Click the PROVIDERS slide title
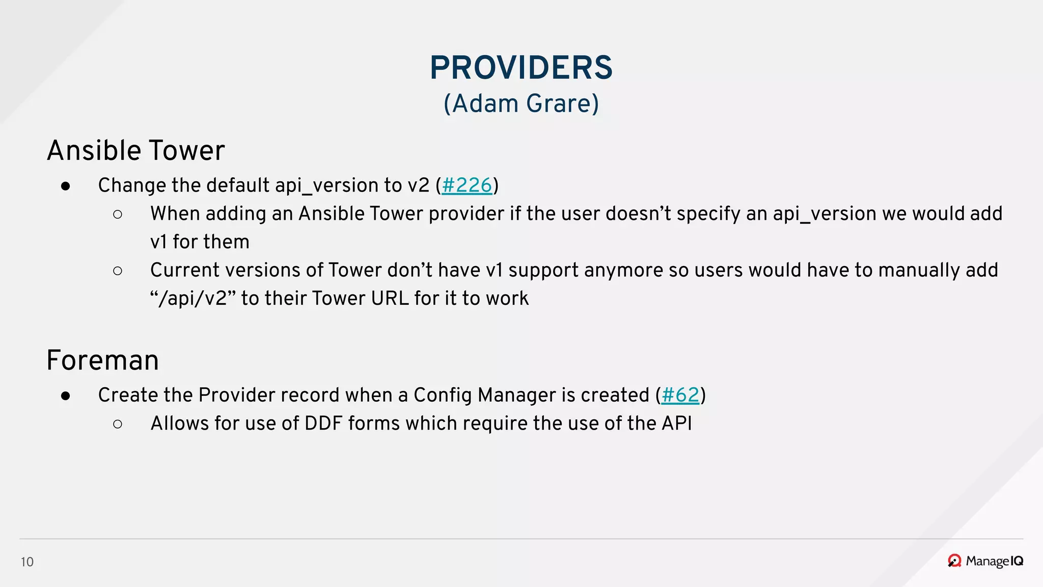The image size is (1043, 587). [521, 68]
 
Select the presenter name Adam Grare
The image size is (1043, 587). [521, 103]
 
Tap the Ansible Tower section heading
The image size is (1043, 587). [135, 150]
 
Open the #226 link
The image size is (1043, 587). [467, 185]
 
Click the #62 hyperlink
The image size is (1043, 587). [680, 395]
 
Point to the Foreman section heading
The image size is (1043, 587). [102, 360]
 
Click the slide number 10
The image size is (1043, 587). [27, 562]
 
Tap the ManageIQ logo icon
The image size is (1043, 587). [954, 561]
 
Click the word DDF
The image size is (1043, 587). [323, 423]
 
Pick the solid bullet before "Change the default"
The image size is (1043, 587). [65, 186]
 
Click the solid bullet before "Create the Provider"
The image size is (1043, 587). [65, 396]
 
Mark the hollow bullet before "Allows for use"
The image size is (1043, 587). [118, 424]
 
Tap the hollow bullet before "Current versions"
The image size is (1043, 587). [118, 271]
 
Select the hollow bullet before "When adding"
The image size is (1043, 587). [118, 215]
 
